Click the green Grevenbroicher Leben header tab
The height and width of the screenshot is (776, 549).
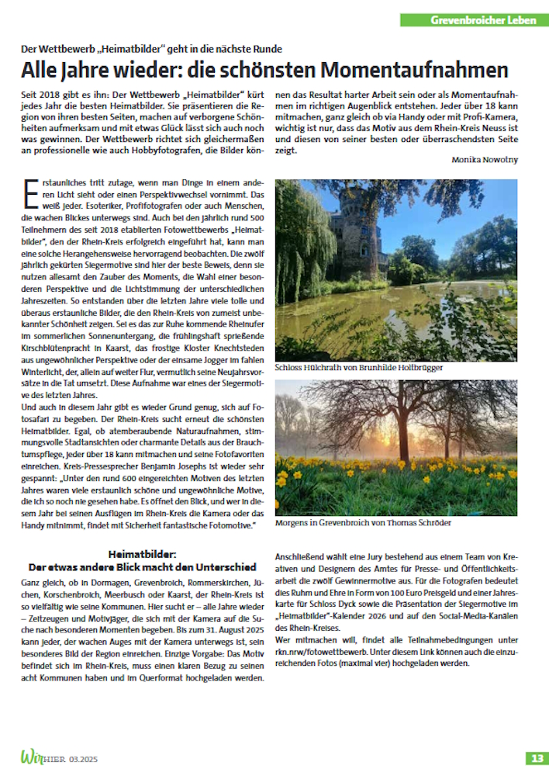[474, 19]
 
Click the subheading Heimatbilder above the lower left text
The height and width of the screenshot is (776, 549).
[143, 555]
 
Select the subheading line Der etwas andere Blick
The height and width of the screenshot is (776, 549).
[143, 566]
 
